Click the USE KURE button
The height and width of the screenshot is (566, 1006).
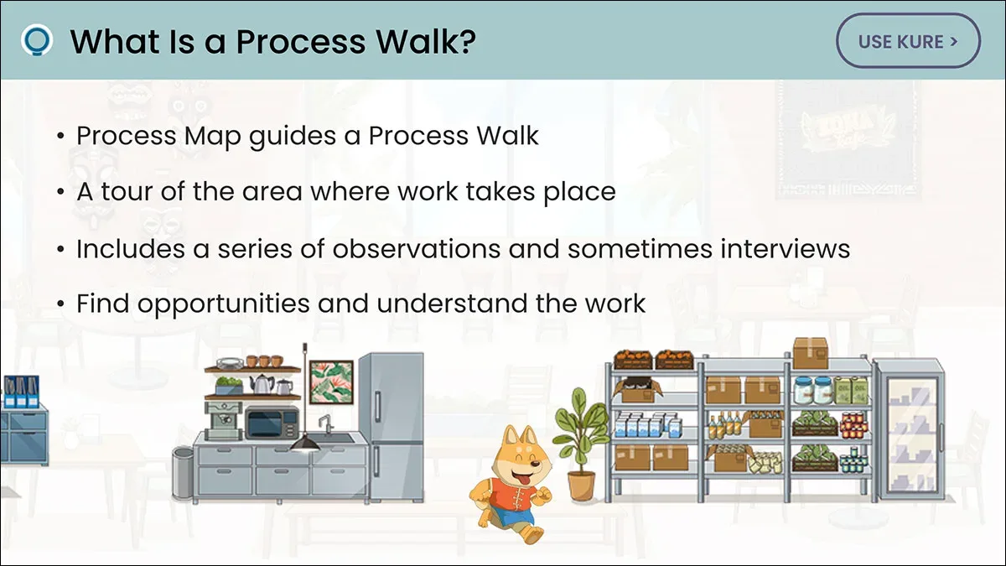point(908,41)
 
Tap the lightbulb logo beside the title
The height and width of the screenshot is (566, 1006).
point(37,40)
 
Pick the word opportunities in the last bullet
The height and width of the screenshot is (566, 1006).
point(224,304)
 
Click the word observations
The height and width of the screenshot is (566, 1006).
point(417,248)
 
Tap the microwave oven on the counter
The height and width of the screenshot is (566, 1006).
point(272,423)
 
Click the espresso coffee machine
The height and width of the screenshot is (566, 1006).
point(224,420)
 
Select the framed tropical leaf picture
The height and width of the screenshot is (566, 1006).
point(332,382)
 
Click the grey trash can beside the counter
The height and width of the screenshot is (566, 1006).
point(183,472)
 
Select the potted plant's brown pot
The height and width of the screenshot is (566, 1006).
point(581,486)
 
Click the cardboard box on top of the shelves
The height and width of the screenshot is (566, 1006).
point(810,353)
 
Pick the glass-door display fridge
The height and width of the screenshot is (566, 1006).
point(910,430)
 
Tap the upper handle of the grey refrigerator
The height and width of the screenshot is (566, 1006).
point(378,406)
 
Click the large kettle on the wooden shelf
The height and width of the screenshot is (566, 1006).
point(262,384)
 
